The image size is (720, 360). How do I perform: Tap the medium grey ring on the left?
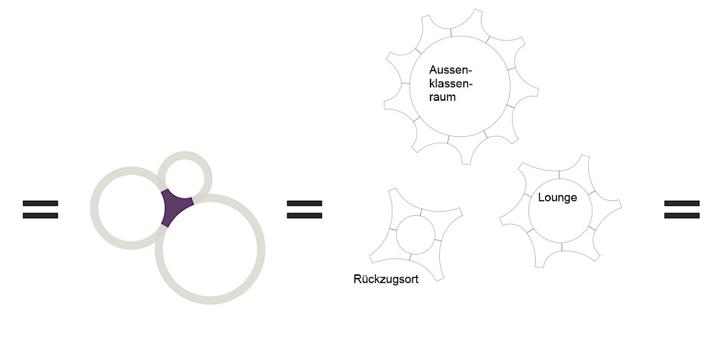coord(94,209)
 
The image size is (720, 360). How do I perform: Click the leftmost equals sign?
coord(40,209)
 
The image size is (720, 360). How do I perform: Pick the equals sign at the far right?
coord(681,209)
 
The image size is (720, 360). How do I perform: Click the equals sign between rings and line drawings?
coord(305,209)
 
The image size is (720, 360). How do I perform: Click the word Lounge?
coord(557,197)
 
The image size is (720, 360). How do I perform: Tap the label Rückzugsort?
coord(387,279)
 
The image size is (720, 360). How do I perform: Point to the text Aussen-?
coord(449,70)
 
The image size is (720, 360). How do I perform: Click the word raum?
coord(443,96)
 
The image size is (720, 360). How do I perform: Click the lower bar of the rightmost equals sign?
coord(681,215)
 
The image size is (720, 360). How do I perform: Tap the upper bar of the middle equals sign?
coord(305,203)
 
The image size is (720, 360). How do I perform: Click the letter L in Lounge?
coord(541,197)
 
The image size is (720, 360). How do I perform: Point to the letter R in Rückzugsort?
coord(357,279)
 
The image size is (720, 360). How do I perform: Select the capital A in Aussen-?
coord(433,70)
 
